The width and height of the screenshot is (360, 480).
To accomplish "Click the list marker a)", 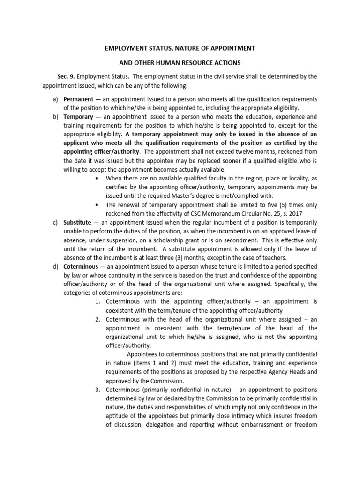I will pyautogui.click(x=54, y=99).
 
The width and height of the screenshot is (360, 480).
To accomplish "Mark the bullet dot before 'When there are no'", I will pyautogui.click(x=97, y=178).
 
